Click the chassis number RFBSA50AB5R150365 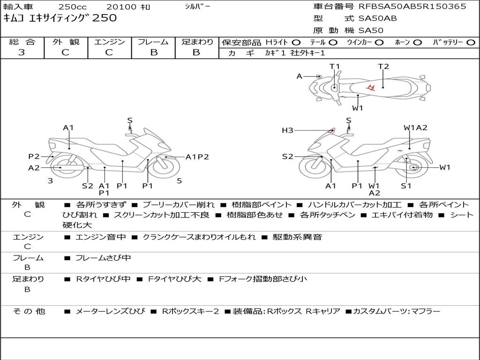412,7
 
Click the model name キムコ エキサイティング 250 60,18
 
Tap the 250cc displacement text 72,7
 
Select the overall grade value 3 22,52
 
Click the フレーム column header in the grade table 153,42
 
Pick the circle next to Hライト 296,43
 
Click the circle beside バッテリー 471,43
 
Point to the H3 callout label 287,130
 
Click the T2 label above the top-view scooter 383,67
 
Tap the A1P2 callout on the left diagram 197,157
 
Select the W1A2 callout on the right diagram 415,127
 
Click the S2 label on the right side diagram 287,157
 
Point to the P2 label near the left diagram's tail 34,157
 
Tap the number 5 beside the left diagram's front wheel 180,181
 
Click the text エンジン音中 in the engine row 100,237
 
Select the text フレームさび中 103,258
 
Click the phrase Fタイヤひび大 174,279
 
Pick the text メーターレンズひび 110,311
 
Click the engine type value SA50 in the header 371,30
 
